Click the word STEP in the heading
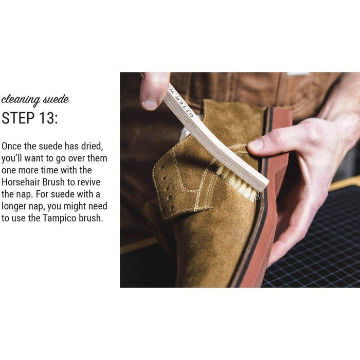(17, 118)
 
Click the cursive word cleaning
(20, 100)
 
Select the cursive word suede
(56, 99)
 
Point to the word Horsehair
(21, 182)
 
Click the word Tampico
(60, 218)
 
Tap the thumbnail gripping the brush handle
(150, 104)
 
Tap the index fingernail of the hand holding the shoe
(255, 145)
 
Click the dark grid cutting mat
(317, 239)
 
